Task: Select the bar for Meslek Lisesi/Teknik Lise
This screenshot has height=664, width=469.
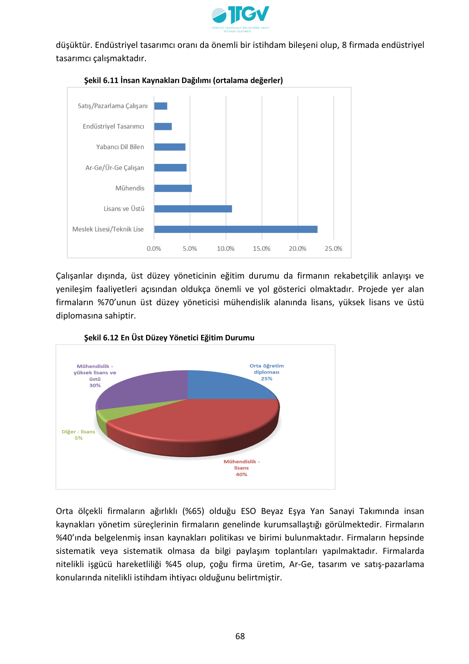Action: [236, 229]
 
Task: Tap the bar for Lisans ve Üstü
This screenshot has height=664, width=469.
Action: [193, 209]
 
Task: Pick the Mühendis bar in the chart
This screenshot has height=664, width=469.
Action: [173, 188]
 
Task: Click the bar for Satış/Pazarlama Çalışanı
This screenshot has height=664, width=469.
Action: [160, 106]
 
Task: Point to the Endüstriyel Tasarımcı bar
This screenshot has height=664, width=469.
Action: [163, 127]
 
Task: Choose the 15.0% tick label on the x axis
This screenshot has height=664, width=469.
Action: [262, 248]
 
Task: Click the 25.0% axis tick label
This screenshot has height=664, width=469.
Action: [333, 248]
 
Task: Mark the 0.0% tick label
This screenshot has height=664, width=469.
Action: [154, 248]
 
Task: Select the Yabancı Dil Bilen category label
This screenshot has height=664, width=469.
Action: [120, 147]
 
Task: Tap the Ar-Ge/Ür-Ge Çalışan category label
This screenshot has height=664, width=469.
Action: [114, 168]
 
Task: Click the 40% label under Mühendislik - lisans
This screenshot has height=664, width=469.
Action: [241, 474]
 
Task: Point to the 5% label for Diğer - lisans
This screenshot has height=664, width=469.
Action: [79, 438]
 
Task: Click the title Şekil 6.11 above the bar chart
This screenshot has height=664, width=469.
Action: [183, 80]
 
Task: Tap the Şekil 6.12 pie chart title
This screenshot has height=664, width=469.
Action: [169, 338]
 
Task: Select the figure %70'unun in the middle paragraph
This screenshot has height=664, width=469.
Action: [117, 302]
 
